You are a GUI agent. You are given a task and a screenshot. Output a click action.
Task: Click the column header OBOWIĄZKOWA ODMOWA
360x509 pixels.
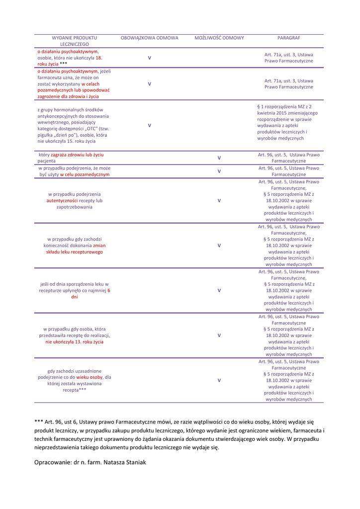click(x=149, y=38)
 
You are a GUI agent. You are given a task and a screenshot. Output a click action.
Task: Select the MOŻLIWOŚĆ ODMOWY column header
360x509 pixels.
click(x=219, y=38)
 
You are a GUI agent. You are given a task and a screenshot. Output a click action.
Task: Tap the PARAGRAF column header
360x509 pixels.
click(x=288, y=38)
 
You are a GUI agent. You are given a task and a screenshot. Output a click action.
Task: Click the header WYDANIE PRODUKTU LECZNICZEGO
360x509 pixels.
click(x=75, y=41)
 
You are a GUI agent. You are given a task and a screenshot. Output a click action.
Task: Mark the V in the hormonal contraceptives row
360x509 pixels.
click(x=149, y=125)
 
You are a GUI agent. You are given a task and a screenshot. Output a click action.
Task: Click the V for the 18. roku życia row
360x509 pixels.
click(x=149, y=58)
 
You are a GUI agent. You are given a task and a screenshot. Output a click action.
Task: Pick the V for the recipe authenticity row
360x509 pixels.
click(x=219, y=200)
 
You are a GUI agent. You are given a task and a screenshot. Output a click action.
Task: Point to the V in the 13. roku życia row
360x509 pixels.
click(x=219, y=335)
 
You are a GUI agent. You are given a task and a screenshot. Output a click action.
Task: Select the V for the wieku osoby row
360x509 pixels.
click(x=219, y=380)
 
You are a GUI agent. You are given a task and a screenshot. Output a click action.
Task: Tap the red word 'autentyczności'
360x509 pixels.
click(x=62, y=200)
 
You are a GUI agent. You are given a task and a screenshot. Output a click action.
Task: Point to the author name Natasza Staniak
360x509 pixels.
click(x=124, y=462)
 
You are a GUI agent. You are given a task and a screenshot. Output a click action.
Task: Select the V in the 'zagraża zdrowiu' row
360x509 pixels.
click(x=219, y=158)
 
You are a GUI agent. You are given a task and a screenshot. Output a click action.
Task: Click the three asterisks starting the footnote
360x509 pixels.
click(x=38, y=422)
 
